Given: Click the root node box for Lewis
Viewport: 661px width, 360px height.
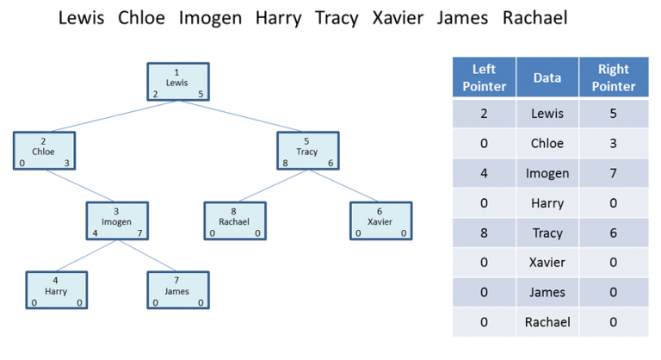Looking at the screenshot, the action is click(178, 82).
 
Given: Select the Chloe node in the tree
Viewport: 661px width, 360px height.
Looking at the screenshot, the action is click(44, 151).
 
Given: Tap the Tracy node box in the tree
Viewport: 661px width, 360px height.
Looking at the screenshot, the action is click(308, 151).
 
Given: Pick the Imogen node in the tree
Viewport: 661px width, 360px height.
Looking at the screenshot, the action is click(117, 220).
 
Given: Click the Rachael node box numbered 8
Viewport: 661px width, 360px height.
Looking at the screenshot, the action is click(235, 220).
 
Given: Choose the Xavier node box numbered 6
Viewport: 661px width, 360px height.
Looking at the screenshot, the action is click(380, 220).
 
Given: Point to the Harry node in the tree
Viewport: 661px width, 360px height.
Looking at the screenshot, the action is click(57, 290).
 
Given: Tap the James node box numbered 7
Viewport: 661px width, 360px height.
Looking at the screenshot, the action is click(178, 290).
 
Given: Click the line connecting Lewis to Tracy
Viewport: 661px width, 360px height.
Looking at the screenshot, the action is click(241, 116).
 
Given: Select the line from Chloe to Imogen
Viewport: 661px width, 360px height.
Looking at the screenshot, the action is click(80, 186).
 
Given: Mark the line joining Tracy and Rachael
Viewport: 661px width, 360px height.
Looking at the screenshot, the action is click(273, 186).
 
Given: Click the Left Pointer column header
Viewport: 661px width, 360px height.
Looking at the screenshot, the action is click(484, 78).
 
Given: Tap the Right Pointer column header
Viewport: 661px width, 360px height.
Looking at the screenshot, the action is click(614, 78).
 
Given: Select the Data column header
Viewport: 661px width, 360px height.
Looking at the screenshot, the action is click(547, 78).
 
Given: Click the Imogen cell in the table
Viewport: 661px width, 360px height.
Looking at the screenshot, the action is click(547, 173).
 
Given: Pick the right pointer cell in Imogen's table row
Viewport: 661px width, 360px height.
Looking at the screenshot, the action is click(614, 173).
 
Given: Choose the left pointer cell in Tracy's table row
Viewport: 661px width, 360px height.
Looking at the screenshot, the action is click(484, 233).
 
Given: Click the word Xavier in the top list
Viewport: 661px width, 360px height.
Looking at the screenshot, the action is click(398, 18).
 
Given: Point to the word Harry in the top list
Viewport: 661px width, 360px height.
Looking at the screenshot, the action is click(279, 19).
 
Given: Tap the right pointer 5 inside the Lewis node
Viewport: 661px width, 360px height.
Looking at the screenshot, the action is click(201, 94).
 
